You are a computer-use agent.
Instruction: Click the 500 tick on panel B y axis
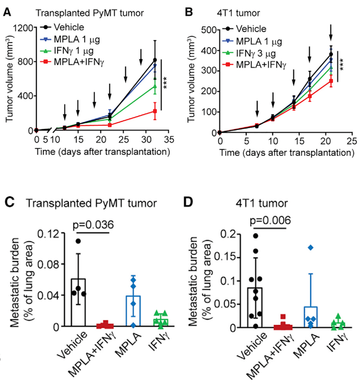click(209, 30)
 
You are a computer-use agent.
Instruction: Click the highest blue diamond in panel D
click(310, 247)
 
